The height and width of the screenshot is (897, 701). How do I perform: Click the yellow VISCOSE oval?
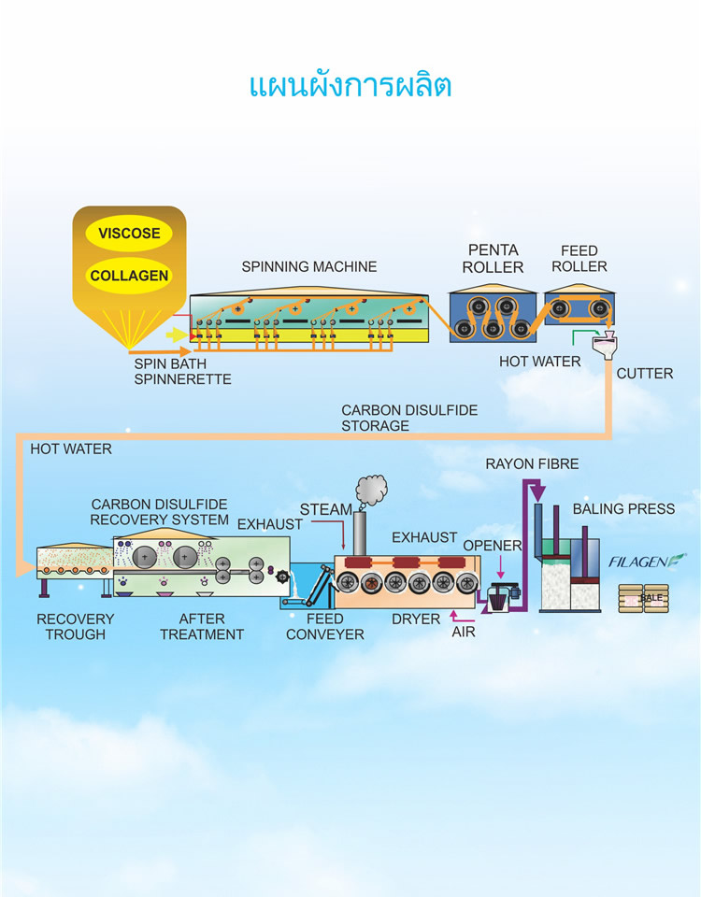(x=129, y=233)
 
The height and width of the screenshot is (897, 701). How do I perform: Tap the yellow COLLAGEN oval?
(x=129, y=276)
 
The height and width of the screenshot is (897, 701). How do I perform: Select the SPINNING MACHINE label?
(x=309, y=266)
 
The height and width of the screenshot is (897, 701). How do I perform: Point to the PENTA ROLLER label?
(x=493, y=259)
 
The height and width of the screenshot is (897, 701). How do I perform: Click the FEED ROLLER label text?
(x=579, y=259)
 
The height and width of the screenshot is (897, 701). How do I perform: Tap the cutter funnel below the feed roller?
(x=606, y=346)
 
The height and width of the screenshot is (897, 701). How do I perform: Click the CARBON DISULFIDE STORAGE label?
(x=409, y=418)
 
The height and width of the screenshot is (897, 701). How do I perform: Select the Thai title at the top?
(x=350, y=86)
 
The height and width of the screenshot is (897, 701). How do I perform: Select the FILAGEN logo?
(x=647, y=562)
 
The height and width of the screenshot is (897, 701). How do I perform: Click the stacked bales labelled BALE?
(x=644, y=598)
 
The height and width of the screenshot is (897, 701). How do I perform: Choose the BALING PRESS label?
(x=623, y=508)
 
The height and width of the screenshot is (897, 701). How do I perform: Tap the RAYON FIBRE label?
(x=532, y=464)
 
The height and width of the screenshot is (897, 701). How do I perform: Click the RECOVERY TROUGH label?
(x=76, y=626)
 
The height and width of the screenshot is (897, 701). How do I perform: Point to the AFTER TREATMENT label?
(x=202, y=626)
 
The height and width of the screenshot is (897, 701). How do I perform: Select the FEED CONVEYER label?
(x=325, y=626)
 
